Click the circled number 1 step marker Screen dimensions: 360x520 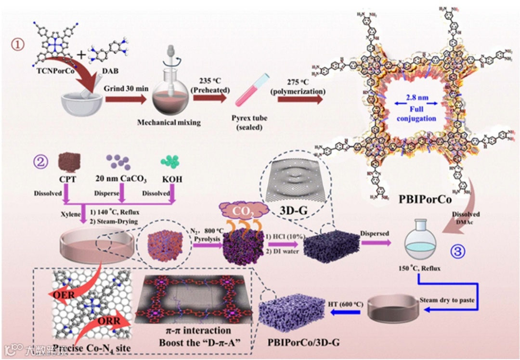coord(18,45)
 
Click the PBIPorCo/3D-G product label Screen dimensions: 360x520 coord(303,343)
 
